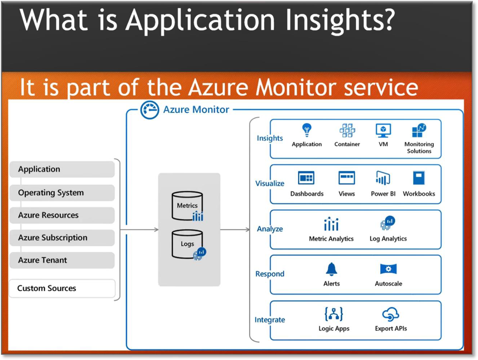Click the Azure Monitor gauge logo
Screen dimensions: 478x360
149,110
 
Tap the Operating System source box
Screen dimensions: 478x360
62,193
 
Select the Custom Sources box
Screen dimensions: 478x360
62,288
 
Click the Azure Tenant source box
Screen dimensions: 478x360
62,260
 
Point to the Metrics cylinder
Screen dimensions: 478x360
187,206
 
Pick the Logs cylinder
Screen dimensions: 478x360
187,244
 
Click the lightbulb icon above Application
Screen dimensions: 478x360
306,130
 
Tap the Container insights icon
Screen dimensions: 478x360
347,130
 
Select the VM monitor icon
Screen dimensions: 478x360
383,130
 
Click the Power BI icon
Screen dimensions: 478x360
383,178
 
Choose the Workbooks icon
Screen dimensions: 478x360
419,178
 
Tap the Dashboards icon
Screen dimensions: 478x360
306,178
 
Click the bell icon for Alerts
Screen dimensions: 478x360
331,269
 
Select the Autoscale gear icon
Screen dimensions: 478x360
388,269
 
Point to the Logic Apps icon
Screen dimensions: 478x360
334,314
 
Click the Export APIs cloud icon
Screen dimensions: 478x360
391,314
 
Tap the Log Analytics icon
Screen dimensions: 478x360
388,223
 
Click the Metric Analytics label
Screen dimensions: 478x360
331,239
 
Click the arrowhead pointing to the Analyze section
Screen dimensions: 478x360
248,230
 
